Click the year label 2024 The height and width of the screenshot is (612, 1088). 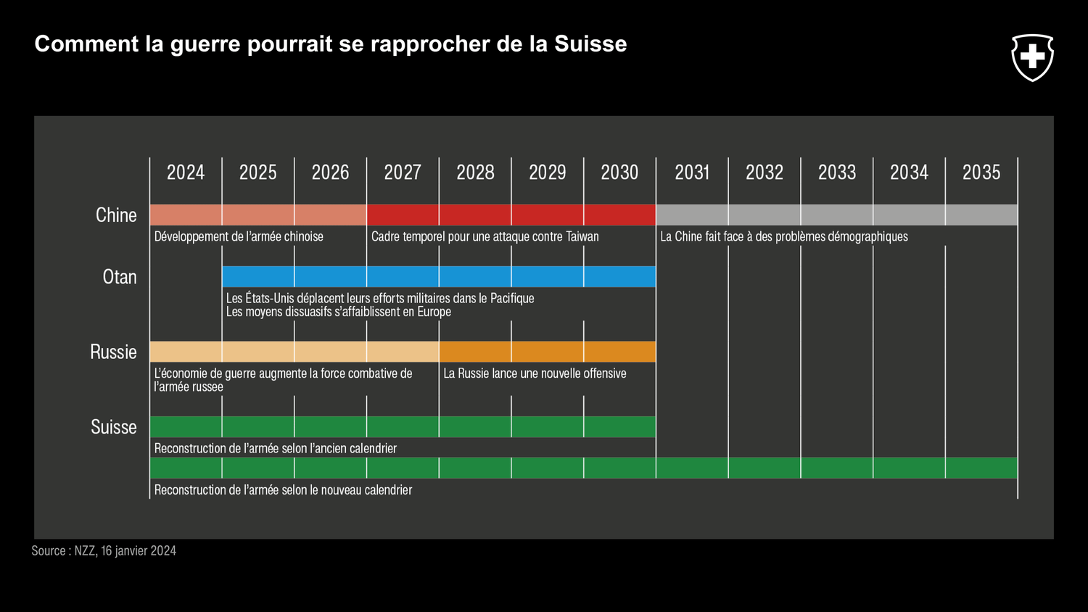click(x=186, y=173)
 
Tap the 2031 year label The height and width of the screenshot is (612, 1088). click(x=692, y=173)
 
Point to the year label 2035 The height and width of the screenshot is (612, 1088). click(x=981, y=173)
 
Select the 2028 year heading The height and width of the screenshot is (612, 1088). click(x=475, y=173)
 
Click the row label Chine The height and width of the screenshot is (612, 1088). click(x=116, y=215)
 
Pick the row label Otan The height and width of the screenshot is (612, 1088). click(x=120, y=277)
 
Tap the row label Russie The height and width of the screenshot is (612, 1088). click(x=113, y=352)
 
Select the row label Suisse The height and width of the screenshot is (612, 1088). click(x=114, y=427)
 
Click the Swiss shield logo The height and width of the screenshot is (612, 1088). click(x=1032, y=57)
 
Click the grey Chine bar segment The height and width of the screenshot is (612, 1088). click(x=836, y=215)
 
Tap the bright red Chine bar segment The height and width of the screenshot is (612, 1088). click(x=511, y=215)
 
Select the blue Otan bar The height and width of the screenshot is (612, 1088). click(x=439, y=276)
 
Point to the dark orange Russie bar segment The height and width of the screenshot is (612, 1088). click(x=547, y=352)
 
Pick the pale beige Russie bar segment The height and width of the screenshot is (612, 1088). click(x=294, y=352)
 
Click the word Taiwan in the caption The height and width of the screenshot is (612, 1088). click(x=582, y=236)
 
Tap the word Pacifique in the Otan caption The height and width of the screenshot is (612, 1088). click(x=512, y=298)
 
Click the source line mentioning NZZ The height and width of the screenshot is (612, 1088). click(x=104, y=551)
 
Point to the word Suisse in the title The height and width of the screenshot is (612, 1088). click(x=590, y=44)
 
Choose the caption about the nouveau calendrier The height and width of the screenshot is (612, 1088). click(x=283, y=490)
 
